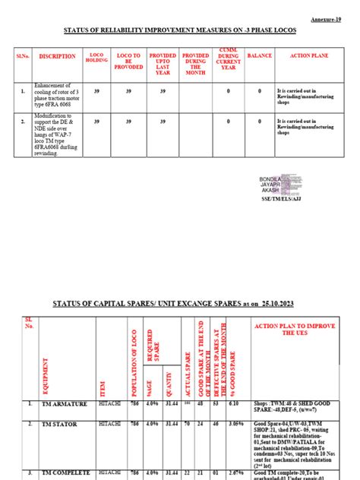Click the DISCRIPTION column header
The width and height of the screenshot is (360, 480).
pos(58,56)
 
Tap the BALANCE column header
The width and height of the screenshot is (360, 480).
pos(259,55)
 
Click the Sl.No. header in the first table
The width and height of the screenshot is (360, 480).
pos(23,56)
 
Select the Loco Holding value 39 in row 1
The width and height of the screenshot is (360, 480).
pos(96,90)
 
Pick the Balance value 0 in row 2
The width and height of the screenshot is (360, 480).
pos(259,121)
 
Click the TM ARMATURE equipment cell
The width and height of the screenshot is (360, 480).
pos(55,405)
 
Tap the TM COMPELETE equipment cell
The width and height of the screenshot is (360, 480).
pos(58,472)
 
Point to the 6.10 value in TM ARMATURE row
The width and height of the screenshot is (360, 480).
pos(233,404)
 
